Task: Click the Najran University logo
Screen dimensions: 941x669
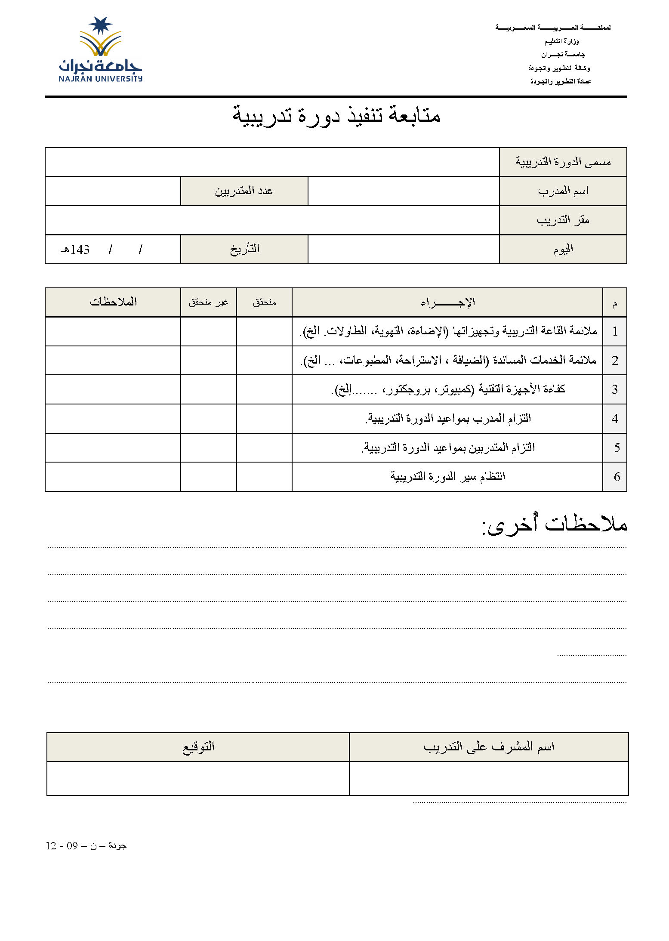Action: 100,49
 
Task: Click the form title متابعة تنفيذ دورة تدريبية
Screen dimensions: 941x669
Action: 336,115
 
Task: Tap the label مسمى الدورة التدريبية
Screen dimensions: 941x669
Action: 563,162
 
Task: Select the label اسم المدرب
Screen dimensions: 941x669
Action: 563,191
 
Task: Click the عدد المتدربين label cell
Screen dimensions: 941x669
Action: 244,191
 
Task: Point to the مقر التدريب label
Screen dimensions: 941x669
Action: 563,220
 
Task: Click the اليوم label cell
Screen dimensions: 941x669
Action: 563,249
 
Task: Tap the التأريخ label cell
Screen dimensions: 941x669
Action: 244,249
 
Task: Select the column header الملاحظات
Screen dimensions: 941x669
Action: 113,302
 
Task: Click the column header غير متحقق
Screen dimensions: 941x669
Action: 208,302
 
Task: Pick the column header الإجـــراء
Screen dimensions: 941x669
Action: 447,302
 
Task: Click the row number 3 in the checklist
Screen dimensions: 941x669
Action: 615,389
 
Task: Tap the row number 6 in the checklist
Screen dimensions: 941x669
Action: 617,477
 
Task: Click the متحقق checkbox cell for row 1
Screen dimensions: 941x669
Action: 264,331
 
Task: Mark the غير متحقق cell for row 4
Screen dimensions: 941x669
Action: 208,419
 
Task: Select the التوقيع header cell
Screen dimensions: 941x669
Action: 198,747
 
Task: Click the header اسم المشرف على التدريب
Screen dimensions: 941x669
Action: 489,747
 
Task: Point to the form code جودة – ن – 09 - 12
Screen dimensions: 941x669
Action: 86,845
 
